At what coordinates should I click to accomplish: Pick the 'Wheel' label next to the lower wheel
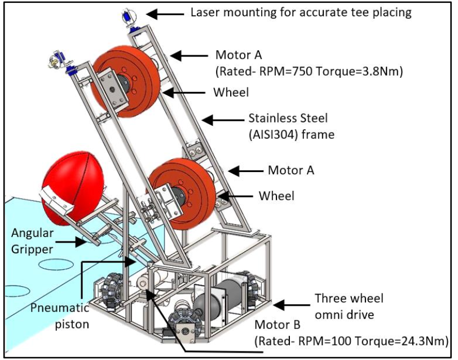coord(276,196)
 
